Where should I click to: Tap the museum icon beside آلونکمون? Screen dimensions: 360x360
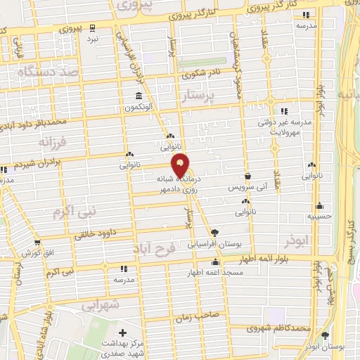tap(139, 96)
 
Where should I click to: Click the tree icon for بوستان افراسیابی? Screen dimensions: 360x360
tap(214, 233)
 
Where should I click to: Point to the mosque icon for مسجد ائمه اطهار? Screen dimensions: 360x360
tap(215, 262)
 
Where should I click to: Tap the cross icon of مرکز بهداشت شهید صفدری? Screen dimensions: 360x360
tap(124, 333)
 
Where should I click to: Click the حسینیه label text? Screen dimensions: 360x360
tap(320, 219)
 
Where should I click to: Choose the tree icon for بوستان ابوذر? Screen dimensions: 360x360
tap(324, 336)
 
